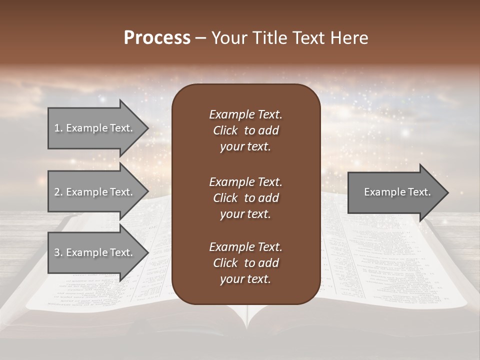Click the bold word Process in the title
tap(157, 38)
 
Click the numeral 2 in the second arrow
tap(57, 192)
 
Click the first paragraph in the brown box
tap(245, 130)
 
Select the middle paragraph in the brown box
tap(245, 197)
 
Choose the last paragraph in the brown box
tap(245, 263)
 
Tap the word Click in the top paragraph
tap(225, 130)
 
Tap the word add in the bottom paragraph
tap(269, 263)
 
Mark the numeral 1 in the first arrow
tap(57, 128)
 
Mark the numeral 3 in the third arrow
tap(57, 252)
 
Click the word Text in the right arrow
tap(420, 192)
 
